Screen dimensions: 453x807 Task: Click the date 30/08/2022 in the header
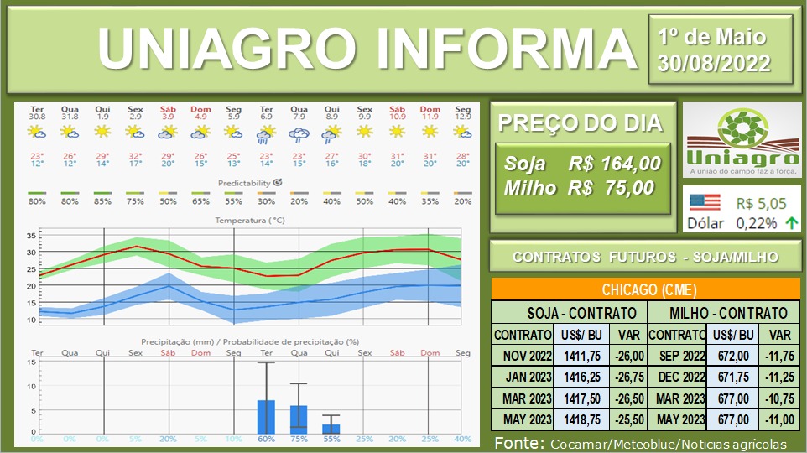coord(720,63)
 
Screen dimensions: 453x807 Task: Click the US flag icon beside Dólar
coord(704,203)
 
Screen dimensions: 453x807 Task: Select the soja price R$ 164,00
coord(613,164)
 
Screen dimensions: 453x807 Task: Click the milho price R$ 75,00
coord(611,189)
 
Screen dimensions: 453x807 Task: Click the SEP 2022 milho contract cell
coord(677,355)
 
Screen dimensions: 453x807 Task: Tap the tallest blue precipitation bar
coord(266,416)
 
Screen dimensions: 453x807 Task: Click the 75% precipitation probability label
coord(299,440)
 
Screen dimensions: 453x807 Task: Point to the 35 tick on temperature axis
coord(31,235)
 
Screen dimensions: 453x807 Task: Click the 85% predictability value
coord(102,202)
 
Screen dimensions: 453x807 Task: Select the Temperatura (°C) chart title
coord(251,220)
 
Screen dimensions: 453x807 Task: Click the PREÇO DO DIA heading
coord(580,123)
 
